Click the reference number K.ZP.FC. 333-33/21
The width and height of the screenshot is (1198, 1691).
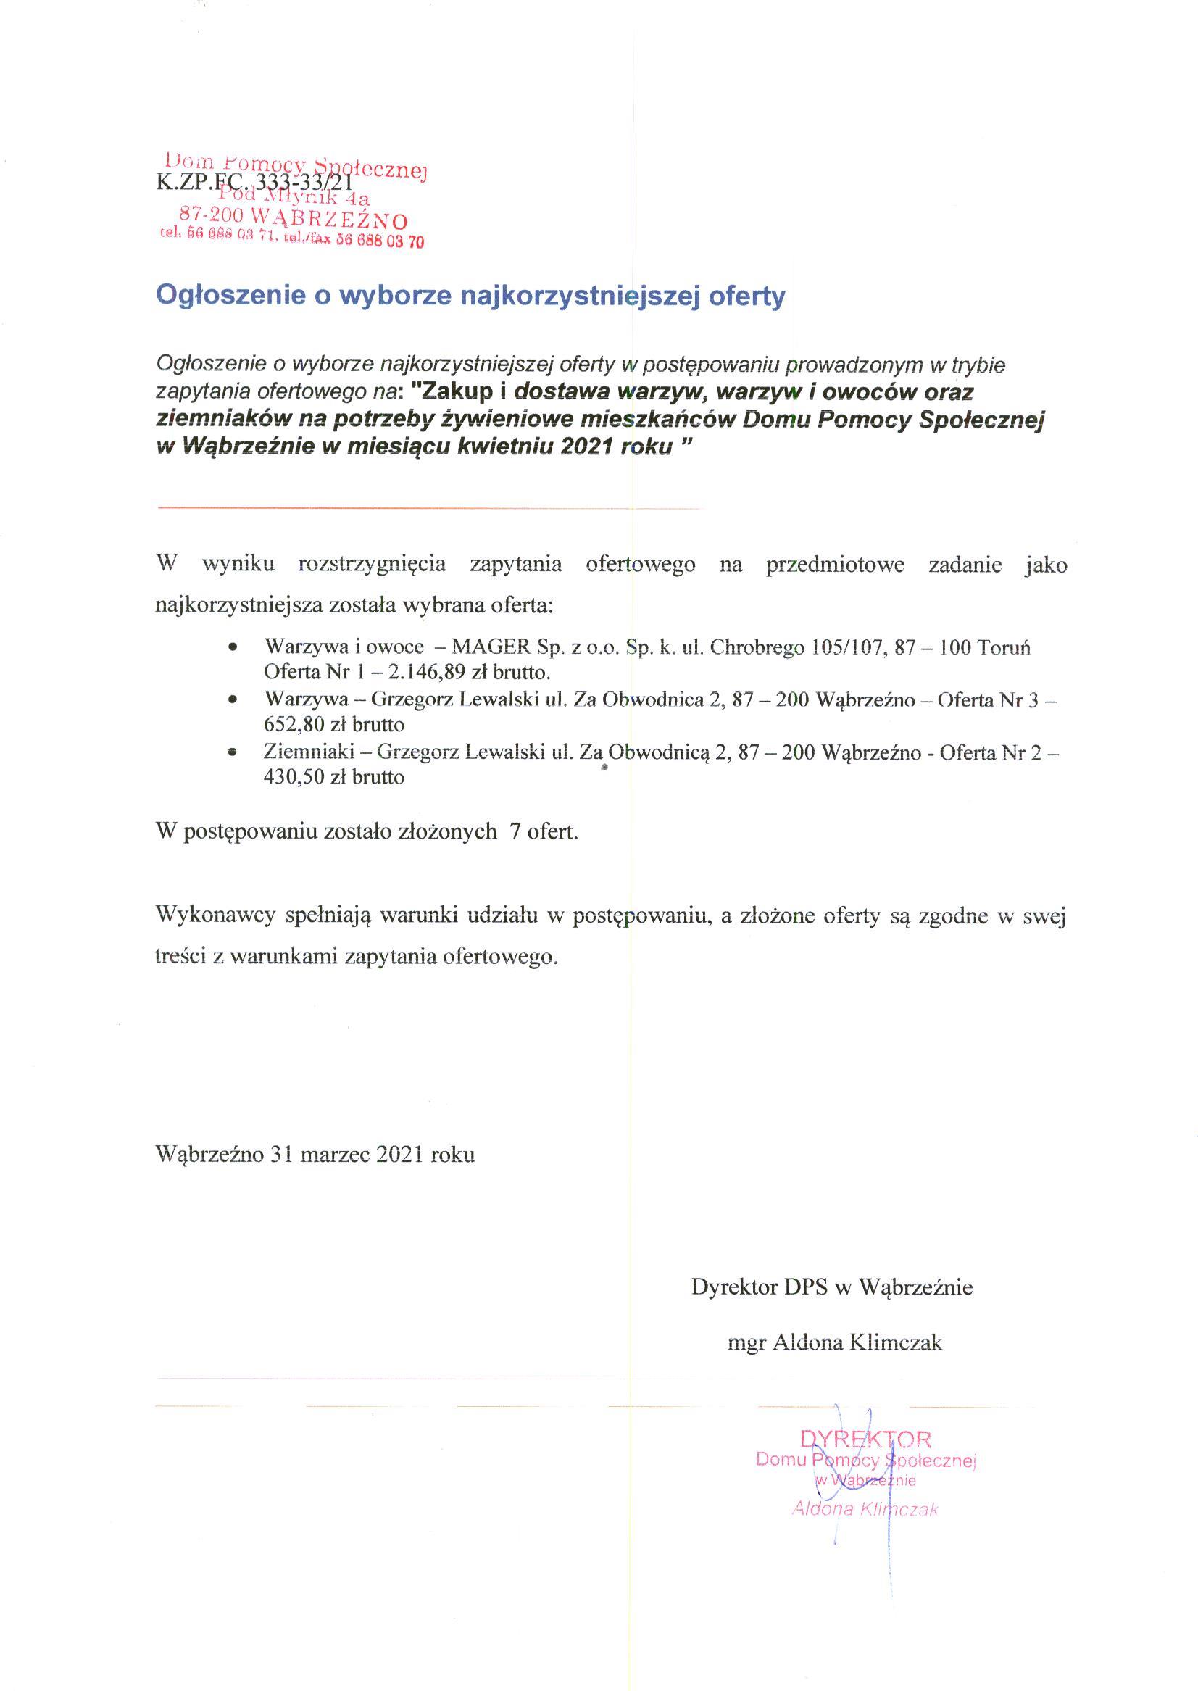coord(254,180)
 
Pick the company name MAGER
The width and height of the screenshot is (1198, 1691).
coord(491,647)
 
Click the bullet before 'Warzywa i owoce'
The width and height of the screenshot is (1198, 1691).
coord(233,647)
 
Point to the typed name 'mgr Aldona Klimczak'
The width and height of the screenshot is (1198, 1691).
coord(835,1342)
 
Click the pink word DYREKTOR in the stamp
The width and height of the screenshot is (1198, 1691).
coord(865,1439)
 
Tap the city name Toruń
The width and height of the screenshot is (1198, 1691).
coord(1004,647)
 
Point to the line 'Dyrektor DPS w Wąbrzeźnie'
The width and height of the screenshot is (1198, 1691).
coord(832,1287)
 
